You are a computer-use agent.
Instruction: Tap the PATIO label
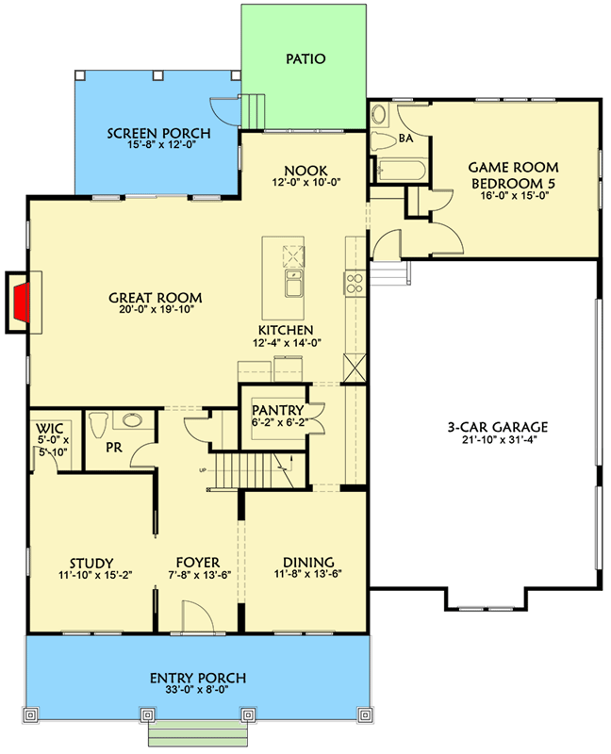pos(305,58)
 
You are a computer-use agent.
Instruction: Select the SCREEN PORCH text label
pos(158,133)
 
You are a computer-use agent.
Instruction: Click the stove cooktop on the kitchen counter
pos(355,280)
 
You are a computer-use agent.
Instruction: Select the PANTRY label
pos(277,410)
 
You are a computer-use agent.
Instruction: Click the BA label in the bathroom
pos(406,138)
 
